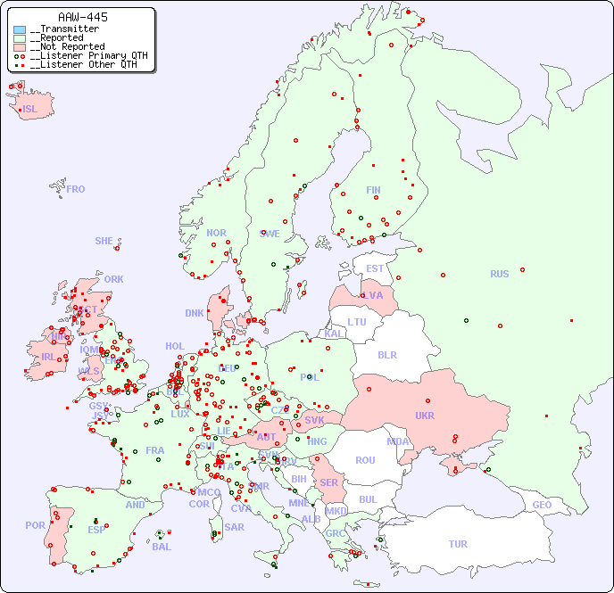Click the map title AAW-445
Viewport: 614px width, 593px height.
pos(83,17)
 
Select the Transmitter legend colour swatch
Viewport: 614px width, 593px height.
pos(20,29)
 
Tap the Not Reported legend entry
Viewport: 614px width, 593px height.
pos(66,47)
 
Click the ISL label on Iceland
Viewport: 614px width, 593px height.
pos(30,110)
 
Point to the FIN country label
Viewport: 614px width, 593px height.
pos(373,190)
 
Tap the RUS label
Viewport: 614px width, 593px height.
pos(499,274)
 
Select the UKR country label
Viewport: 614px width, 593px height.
pos(425,416)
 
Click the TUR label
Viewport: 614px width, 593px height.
pos(458,544)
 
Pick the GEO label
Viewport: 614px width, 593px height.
pos(542,505)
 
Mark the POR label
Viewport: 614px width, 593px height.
pos(35,525)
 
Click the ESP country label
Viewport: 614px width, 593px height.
pos(96,529)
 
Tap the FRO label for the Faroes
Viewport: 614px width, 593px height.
pos(76,189)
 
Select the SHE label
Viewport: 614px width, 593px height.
pos(104,241)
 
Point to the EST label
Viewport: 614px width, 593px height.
pos(375,268)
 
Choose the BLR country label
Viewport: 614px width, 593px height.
pos(386,355)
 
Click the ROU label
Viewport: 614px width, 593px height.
pos(365,460)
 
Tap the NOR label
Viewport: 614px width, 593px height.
pos(216,234)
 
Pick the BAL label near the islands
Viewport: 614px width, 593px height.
pos(162,547)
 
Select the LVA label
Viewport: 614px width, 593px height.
pos(372,295)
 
